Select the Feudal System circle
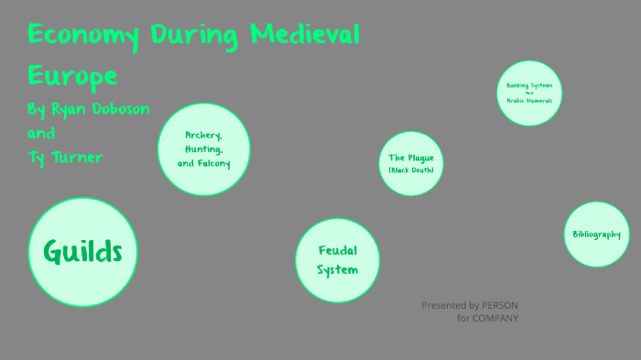pos(338,260)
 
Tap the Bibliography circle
pos(596,235)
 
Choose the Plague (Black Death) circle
pos(410,163)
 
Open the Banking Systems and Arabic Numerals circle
pos(529,92)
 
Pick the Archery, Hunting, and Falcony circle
pos(204,148)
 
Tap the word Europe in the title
pos(72,74)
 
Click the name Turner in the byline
pos(77,158)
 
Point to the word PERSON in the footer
pos(501,305)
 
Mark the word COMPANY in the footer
pos(495,318)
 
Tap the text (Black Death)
pos(410,170)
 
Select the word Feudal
pos(338,251)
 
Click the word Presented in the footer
pos(443,305)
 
